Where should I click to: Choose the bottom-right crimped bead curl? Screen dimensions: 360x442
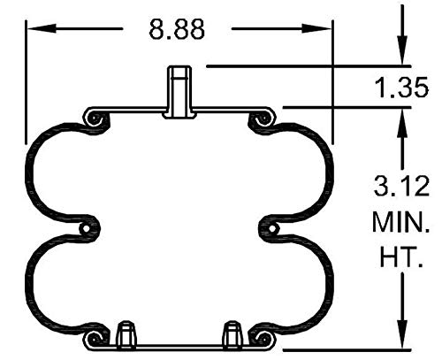262,340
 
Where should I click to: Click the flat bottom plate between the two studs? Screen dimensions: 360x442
179,347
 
